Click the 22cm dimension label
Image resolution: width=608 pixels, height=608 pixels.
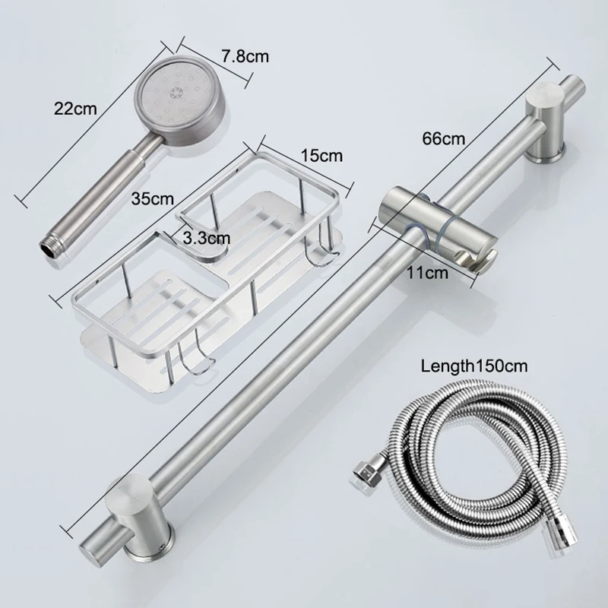(x=75, y=107)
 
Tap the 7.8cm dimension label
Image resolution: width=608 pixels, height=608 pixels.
(x=245, y=57)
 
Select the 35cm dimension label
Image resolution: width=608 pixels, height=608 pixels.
(x=151, y=199)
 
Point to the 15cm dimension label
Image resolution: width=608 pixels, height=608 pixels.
(x=321, y=155)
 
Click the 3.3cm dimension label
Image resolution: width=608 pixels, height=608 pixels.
(x=206, y=237)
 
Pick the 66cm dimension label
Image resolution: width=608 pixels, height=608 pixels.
(x=443, y=138)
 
